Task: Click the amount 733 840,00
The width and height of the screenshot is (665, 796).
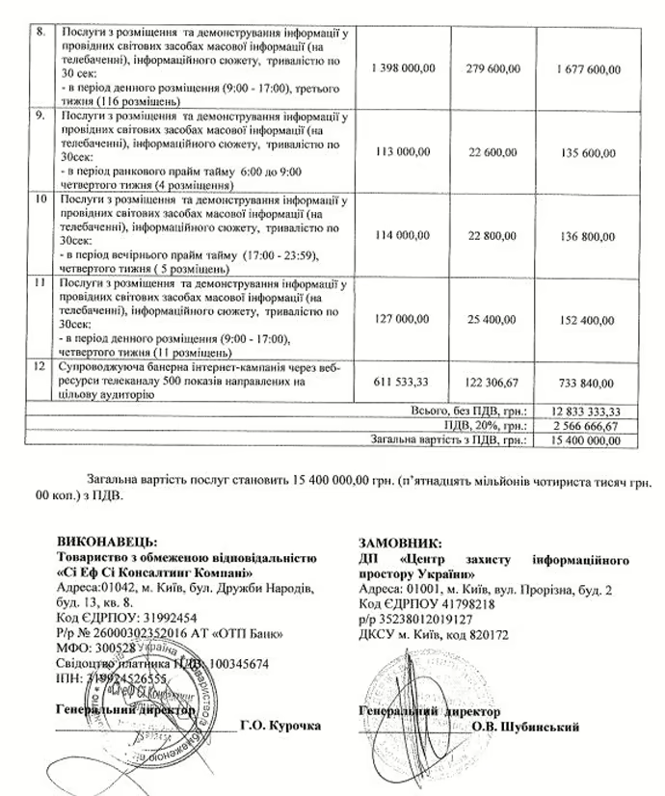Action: pyautogui.click(x=589, y=381)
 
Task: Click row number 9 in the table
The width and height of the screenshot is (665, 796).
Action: pyautogui.click(x=37, y=118)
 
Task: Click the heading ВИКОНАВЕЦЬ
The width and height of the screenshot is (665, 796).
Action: pyautogui.click(x=107, y=542)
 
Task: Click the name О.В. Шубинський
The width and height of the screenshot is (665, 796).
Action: pyautogui.click(x=525, y=727)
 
